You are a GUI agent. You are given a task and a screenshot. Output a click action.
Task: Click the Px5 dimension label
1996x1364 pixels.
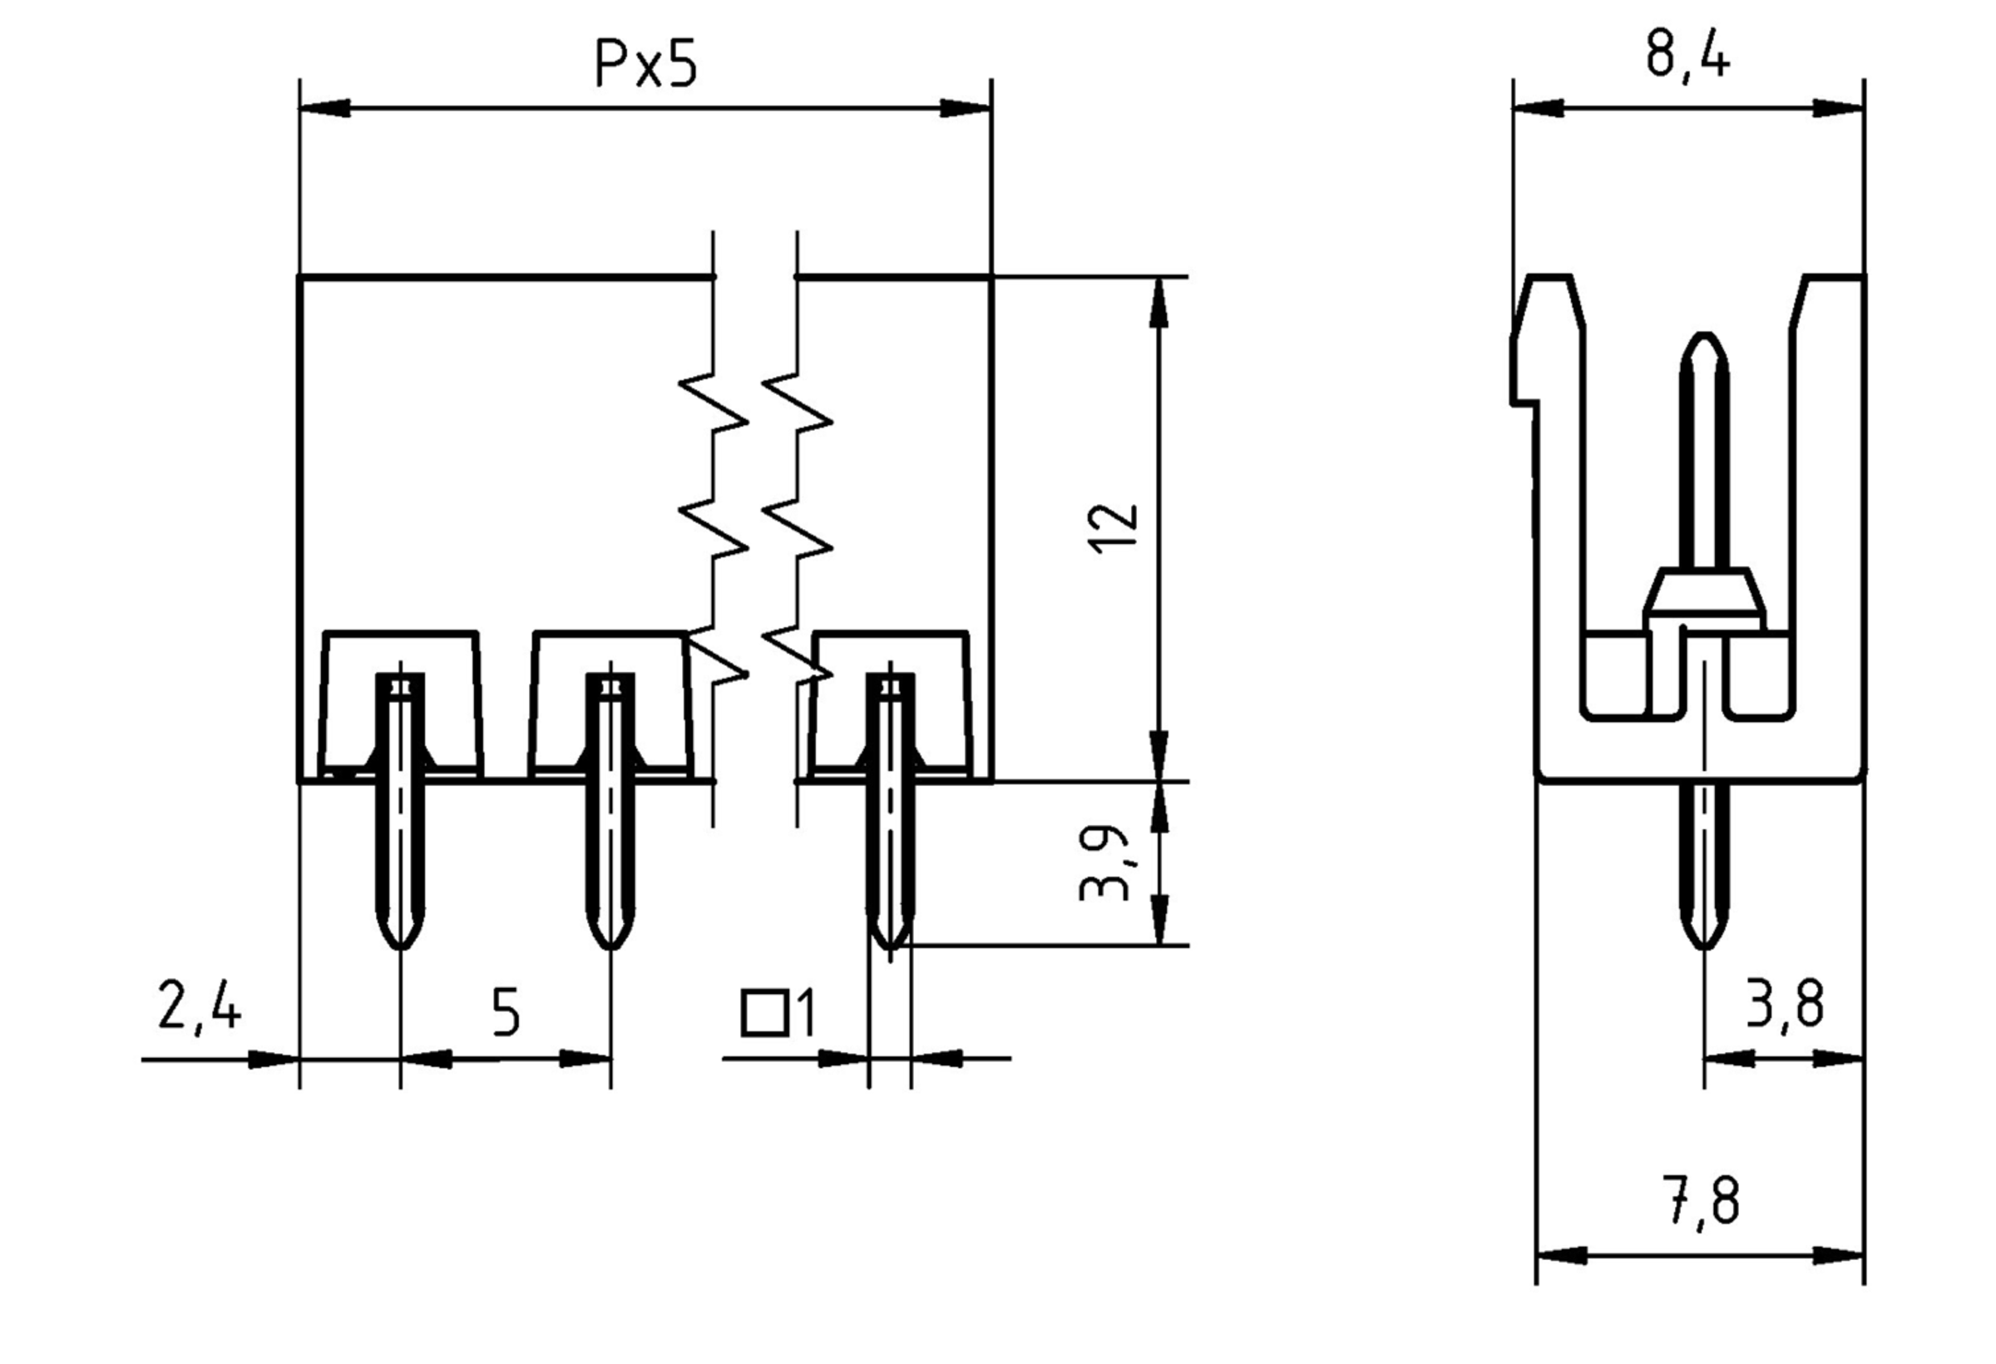(646, 65)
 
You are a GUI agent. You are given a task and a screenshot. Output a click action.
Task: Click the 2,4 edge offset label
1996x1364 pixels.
(200, 1006)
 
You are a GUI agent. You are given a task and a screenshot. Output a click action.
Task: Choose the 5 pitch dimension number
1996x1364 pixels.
(506, 1013)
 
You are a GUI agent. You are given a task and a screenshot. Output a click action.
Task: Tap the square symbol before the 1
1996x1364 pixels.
(764, 1014)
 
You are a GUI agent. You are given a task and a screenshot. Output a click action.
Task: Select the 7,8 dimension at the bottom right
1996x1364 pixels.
(1702, 1201)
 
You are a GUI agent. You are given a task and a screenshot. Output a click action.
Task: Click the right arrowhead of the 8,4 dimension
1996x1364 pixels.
(1838, 109)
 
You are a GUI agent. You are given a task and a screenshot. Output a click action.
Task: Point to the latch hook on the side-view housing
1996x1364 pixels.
(1525, 369)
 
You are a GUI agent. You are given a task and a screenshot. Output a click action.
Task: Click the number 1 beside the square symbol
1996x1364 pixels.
(806, 1014)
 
